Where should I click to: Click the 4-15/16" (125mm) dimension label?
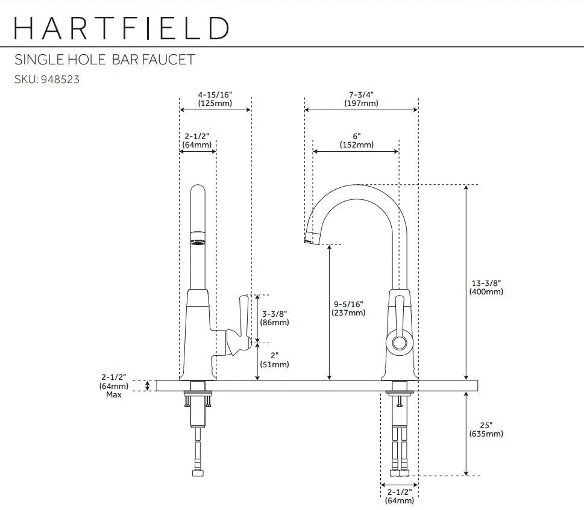tap(215, 99)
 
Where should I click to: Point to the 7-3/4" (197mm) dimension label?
tap(361, 99)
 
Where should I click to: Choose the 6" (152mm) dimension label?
tap(356, 140)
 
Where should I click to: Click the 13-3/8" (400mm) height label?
tap(486, 287)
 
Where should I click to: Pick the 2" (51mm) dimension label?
tap(274, 359)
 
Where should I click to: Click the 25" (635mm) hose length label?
tap(486, 429)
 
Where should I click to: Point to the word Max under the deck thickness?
tap(114, 395)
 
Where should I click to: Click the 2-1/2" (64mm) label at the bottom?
tap(400, 496)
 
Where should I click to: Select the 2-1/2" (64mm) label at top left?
tap(197, 140)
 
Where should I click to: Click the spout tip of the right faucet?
tap(310, 238)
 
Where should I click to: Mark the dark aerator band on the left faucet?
tap(198, 243)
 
